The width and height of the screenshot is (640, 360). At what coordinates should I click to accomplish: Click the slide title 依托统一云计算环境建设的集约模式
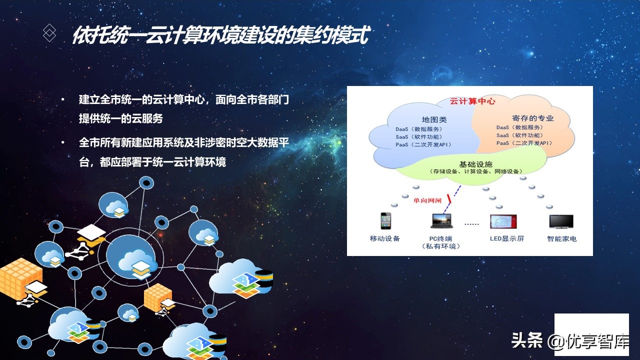click(x=220, y=35)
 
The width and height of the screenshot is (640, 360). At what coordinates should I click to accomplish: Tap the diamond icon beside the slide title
click(x=49, y=33)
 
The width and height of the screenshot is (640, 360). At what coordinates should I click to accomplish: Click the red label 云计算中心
click(x=472, y=101)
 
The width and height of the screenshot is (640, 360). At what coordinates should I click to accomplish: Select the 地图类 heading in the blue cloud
click(x=434, y=119)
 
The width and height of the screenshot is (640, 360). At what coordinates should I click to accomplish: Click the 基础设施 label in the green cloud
click(x=475, y=164)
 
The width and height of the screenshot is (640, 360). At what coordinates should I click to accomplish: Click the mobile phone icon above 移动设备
click(x=385, y=220)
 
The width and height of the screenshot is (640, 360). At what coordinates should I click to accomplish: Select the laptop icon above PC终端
click(x=441, y=221)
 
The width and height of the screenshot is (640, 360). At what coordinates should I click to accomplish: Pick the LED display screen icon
click(x=503, y=221)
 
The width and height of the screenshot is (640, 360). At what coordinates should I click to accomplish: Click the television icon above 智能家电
click(x=561, y=221)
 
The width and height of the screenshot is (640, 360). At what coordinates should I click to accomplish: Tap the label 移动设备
click(x=385, y=238)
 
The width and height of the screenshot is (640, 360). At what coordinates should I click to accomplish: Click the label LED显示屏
click(x=507, y=238)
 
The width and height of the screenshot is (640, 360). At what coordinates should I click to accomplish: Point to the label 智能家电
click(x=561, y=238)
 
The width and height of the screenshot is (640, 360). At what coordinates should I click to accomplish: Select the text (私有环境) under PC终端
click(x=441, y=246)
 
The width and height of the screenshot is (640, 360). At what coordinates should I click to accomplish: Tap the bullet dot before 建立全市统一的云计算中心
click(x=63, y=100)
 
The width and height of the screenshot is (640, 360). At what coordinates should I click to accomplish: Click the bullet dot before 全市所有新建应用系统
click(x=63, y=143)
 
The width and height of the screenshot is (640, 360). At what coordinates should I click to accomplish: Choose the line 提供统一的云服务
click(x=120, y=119)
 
